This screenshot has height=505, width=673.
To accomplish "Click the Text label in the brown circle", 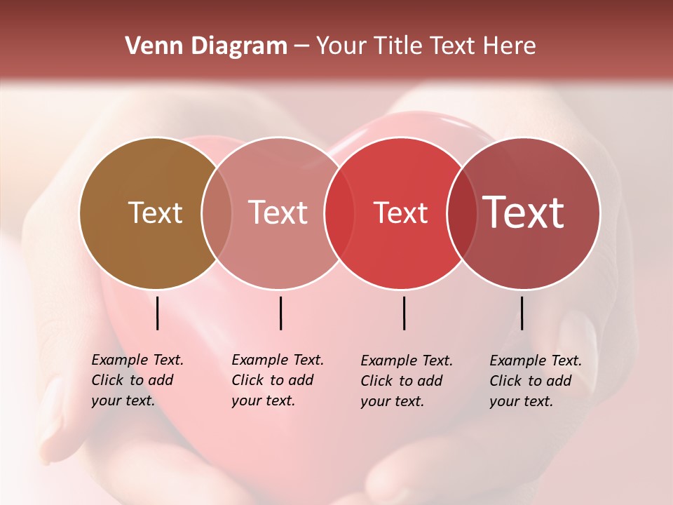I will [155, 213].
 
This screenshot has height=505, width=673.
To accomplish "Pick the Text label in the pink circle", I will [278, 213].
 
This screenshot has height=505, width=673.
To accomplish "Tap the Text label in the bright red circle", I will [401, 213].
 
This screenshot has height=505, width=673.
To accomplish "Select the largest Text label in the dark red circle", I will [524, 213].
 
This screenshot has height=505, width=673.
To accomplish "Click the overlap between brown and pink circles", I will [217, 213].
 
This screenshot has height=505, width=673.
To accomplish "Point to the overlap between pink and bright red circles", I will [339, 213].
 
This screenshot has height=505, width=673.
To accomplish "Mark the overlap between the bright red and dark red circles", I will [462, 213].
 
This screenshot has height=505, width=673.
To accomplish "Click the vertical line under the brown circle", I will [157, 313].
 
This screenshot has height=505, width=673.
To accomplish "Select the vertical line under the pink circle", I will [280, 313].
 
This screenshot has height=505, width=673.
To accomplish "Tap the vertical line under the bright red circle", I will [404, 313].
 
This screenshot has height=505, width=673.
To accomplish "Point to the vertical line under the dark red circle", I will [522, 313].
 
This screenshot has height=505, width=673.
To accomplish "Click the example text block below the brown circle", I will [137, 380].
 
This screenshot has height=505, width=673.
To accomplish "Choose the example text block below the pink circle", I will [277, 380].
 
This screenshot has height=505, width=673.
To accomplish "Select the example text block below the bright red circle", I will [406, 381].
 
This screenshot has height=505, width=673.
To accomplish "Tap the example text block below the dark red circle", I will [535, 381].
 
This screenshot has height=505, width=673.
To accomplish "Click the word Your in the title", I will [341, 46].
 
